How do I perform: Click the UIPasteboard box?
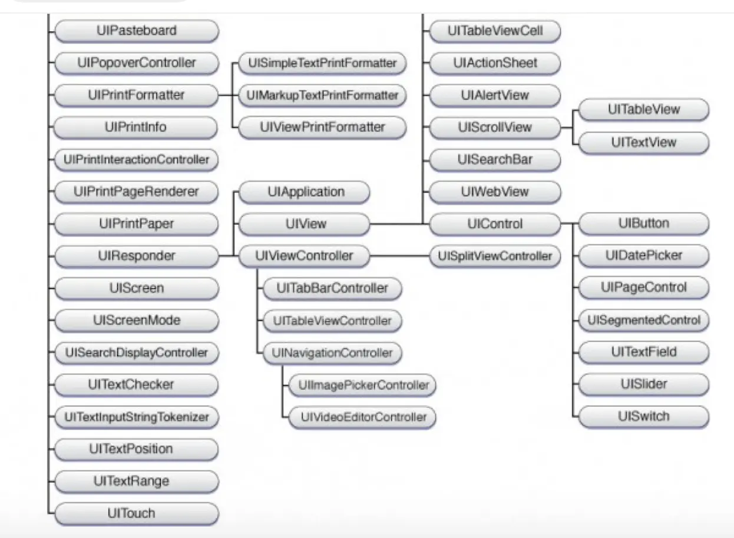tap(136, 31)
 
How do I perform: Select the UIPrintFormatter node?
tap(136, 95)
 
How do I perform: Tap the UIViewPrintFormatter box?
tap(322, 127)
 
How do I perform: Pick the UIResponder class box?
tap(136, 256)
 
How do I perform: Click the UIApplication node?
tap(305, 192)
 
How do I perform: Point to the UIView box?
tap(305, 224)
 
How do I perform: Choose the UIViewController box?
tap(305, 256)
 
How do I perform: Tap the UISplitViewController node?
tap(495, 256)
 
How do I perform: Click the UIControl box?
tap(495, 224)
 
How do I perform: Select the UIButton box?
tap(643, 224)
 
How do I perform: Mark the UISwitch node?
tap(643, 417)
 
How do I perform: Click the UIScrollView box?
tap(495, 127)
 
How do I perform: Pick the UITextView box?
tap(643, 142)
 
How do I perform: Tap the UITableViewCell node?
tap(495, 31)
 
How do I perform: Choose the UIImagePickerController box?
tap(363, 386)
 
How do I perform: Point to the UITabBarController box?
tap(332, 288)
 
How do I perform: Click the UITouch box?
tap(136, 513)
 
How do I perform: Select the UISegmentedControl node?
tap(643, 320)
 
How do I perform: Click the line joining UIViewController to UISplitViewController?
tap(400, 256)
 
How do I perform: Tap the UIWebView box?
tap(495, 192)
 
